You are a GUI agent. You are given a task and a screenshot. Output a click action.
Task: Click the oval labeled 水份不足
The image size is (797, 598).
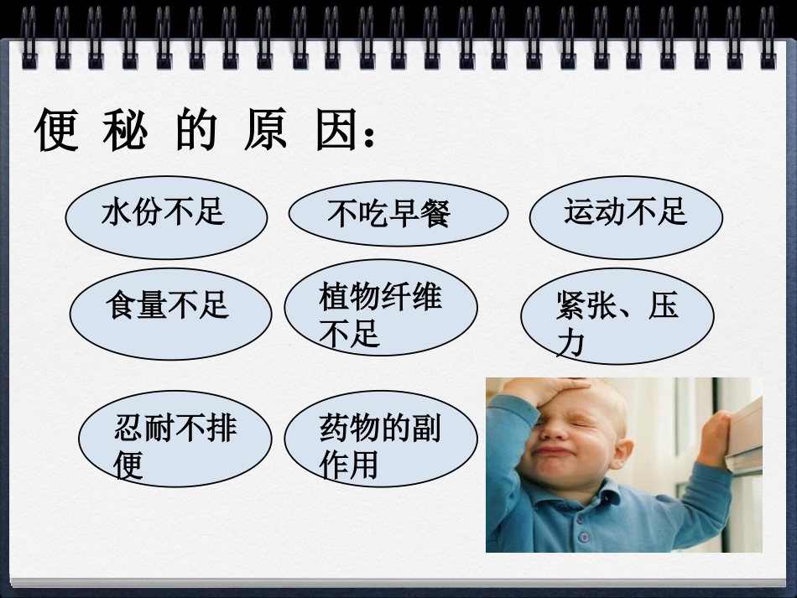166,216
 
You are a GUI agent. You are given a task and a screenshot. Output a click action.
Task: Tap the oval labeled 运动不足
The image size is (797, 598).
625,216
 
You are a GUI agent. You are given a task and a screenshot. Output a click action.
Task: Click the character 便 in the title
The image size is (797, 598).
57,132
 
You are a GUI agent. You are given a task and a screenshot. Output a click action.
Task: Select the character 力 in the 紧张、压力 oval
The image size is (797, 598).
570,343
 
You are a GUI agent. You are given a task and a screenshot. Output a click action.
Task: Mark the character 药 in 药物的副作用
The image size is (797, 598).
334,428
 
